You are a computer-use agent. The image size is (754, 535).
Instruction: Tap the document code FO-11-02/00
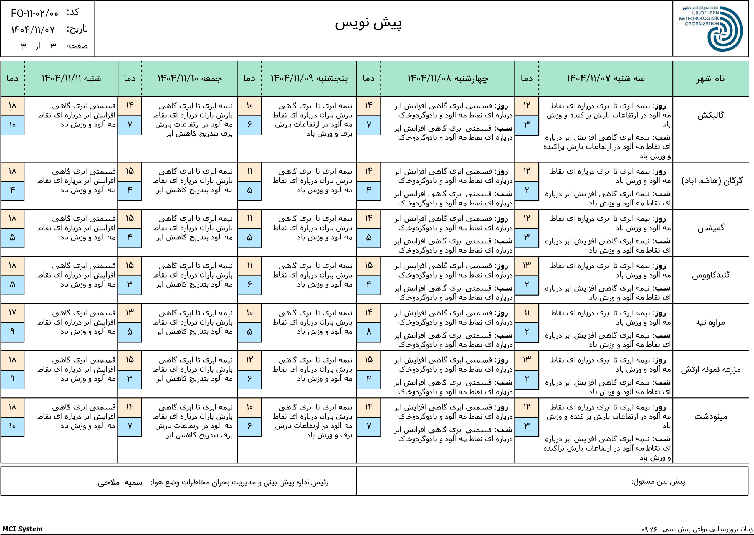click(34, 14)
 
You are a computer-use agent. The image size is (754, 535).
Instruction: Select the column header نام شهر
click(710, 78)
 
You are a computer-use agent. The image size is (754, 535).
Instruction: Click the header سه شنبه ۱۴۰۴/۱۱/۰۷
click(606, 78)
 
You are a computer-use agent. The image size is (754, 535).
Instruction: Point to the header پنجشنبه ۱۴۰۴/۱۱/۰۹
click(309, 78)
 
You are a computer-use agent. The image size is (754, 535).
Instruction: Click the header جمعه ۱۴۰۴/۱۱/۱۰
click(190, 78)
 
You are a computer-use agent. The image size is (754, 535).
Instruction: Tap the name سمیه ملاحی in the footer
click(120, 483)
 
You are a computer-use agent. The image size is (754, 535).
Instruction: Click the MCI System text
click(22, 529)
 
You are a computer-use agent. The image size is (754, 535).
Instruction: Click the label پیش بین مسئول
click(658, 482)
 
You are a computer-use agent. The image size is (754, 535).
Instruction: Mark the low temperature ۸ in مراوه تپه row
click(369, 332)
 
